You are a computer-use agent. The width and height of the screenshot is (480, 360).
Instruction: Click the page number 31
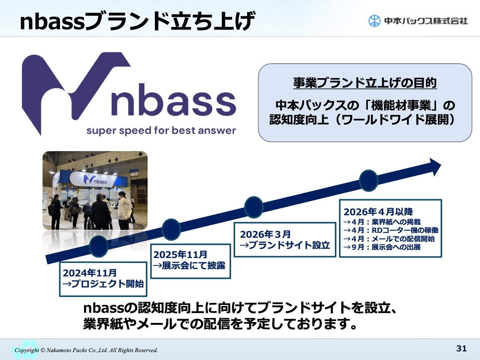pyautogui.click(x=461, y=348)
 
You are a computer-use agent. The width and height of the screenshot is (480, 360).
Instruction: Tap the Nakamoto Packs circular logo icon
pyautogui.click(x=374, y=21)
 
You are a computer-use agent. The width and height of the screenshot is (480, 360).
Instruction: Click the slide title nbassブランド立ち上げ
pyautogui.click(x=138, y=21)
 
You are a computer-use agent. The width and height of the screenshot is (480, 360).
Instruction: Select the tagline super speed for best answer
pyautogui.click(x=161, y=130)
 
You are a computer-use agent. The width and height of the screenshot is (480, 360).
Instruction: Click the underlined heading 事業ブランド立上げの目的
pyautogui.click(x=365, y=83)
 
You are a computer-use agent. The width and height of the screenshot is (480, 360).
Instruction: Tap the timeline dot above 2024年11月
pyautogui.click(x=99, y=246)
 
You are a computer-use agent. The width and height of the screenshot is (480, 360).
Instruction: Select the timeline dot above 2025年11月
pyautogui.click(x=171, y=229)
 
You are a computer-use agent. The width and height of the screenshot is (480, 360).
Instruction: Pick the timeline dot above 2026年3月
pyautogui.click(x=253, y=207)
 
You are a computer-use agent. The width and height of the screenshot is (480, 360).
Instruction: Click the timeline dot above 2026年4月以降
pyautogui.click(x=369, y=181)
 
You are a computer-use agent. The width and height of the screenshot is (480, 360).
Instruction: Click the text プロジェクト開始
pyautogui.click(x=108, y=284)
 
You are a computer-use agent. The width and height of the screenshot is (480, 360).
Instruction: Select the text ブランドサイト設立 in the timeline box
pyautogui.click(x=289, y=245)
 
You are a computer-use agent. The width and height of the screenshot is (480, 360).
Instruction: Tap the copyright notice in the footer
pyautogui.click(x=86, y=350)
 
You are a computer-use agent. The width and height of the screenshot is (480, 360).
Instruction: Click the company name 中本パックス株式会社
pyautogui.click(x=426, y=21)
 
